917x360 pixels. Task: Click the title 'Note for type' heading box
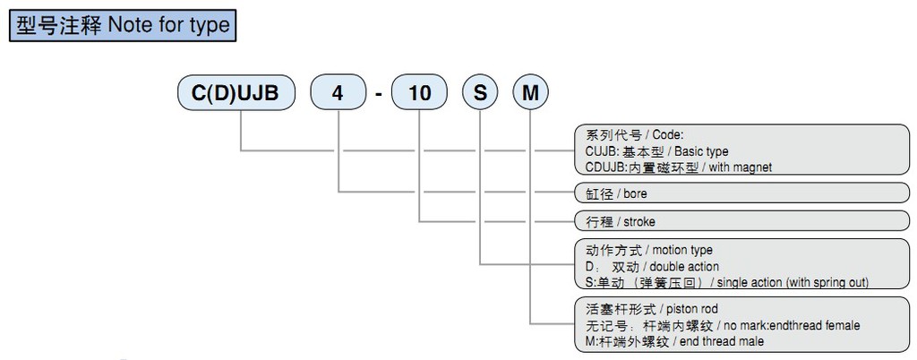(x=122, y=25)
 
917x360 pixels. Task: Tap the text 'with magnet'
(x=740, y=167)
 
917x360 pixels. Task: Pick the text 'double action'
(x=684, y=266)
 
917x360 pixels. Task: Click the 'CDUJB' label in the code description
(x=594, y=167)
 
